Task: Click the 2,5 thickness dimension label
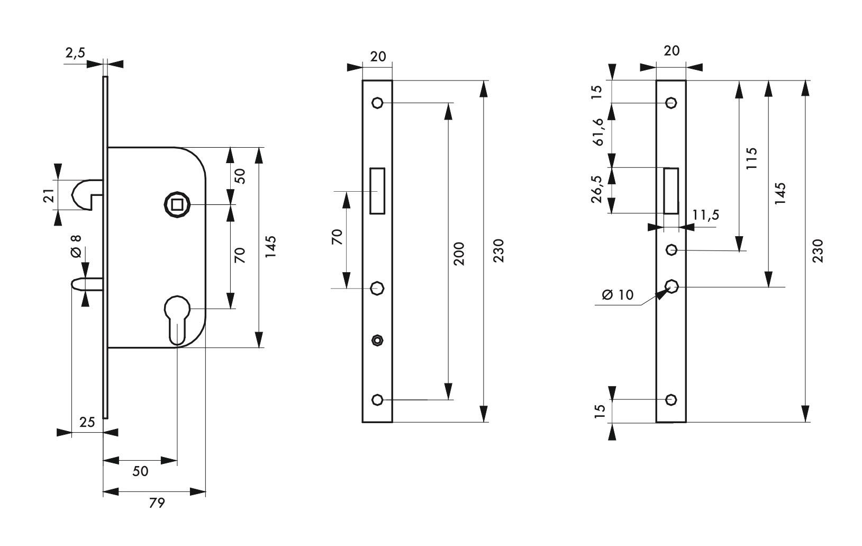75,53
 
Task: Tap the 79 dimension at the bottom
157,503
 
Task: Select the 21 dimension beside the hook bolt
48,195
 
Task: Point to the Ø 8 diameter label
76,246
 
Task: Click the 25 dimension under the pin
87,423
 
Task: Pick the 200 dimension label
459,254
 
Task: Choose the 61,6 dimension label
598,131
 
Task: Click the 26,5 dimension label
596,189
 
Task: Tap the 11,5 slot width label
706,215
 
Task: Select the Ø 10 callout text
618,295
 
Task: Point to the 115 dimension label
751,158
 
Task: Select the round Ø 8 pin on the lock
87,284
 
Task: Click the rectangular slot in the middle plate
377,191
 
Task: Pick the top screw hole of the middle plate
377,103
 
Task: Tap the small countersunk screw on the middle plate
377,340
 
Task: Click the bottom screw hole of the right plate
672,400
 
